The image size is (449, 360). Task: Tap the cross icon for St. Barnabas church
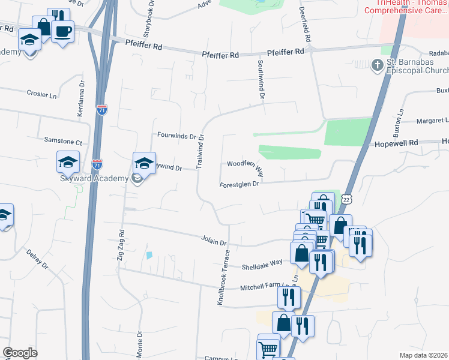click(377, 65)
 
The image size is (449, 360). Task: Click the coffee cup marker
click(62, 31)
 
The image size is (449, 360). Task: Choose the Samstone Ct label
click(62, 142)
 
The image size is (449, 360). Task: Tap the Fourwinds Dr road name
click(176, 136)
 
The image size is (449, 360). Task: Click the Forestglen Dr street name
click(239, 185)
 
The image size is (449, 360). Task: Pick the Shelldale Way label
click(262, 265)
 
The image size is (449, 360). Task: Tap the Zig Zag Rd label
click(121, 246)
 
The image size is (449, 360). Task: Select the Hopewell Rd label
click(396, 144)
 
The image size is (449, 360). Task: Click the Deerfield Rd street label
click(306, 24)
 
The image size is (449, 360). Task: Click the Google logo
click(20, 353)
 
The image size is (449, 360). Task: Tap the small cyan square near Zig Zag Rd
click(149, 255)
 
